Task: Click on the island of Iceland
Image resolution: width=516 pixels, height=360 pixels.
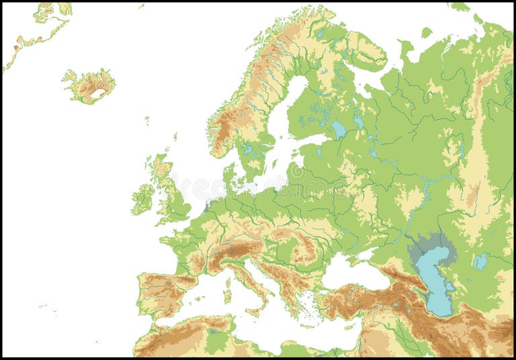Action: tap(89, 85)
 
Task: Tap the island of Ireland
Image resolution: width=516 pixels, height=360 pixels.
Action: tap(142, 199)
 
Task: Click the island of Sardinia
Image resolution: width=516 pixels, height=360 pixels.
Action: tap(227, 296)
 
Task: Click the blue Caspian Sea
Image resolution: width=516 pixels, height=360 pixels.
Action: tap(433, 282)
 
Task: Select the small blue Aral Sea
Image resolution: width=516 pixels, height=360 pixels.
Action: tap(480, 261)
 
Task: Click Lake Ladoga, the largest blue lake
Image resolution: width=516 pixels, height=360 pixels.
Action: tap(338, 129)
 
